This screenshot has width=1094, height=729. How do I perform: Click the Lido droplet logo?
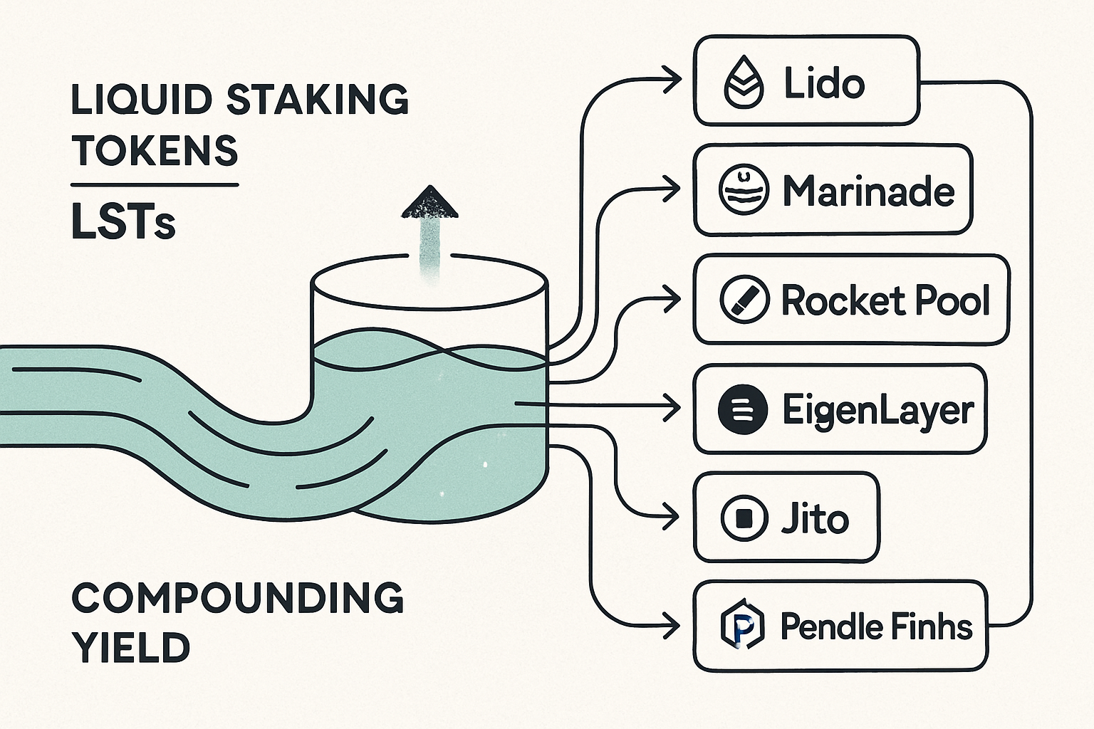tap(744, 83)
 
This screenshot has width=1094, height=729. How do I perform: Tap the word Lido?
tap(824, 83)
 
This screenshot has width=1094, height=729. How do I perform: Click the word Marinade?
tap(868, 191)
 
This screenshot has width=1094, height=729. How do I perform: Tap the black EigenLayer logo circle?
tap(743, 409)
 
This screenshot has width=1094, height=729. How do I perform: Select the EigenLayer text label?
tap(877, 410)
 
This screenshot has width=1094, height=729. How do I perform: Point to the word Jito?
tap(815, 518)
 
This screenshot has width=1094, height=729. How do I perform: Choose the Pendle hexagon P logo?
tap(742, 626)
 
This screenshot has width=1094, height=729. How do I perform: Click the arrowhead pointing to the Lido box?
tap(672, 78)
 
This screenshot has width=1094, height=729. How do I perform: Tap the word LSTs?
tap(123, 222)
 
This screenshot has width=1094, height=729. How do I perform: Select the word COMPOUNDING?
tap(238, 598)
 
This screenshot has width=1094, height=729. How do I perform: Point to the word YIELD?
tap(131, 648)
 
